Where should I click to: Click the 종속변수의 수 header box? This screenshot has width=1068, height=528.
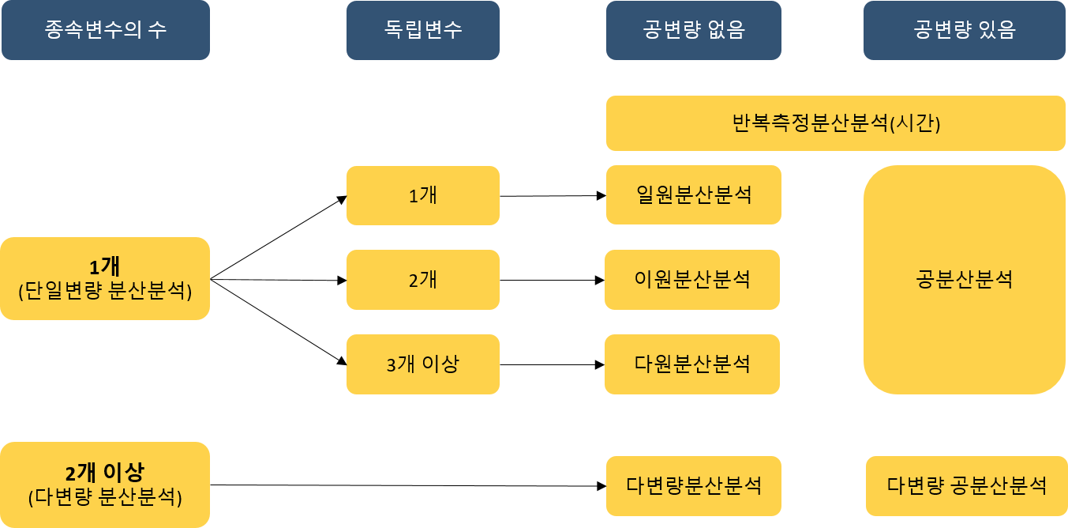click(105, 30)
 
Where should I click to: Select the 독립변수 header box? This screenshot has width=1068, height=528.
click(422, 30)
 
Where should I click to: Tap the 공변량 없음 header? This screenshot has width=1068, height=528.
click(694, 30)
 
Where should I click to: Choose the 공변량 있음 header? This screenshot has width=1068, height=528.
click(964, 30)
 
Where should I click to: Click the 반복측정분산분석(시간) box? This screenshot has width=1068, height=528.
click(836, 123)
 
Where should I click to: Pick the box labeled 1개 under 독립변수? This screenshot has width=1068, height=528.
click(422, 195)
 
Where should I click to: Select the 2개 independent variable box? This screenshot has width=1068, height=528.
click(422, 280)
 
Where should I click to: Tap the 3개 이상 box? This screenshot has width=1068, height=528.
click(422, 364)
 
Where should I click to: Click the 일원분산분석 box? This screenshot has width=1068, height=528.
click(694, 195)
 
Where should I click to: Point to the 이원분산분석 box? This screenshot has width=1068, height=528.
click(692, 280)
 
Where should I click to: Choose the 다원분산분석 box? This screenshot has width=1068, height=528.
click(692, 364)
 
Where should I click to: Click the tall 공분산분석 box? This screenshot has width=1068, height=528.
click(964, 280)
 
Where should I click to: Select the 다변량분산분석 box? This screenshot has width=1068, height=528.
click(694, 485)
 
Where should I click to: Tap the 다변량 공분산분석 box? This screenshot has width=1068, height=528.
click(966, 485)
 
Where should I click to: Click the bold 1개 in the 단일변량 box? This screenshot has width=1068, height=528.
click(104, 266)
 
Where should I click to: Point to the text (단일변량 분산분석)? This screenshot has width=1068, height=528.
click(105, 291)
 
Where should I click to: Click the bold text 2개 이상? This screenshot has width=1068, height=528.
click(104, 473)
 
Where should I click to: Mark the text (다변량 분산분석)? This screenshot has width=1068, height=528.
click(105, 498)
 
